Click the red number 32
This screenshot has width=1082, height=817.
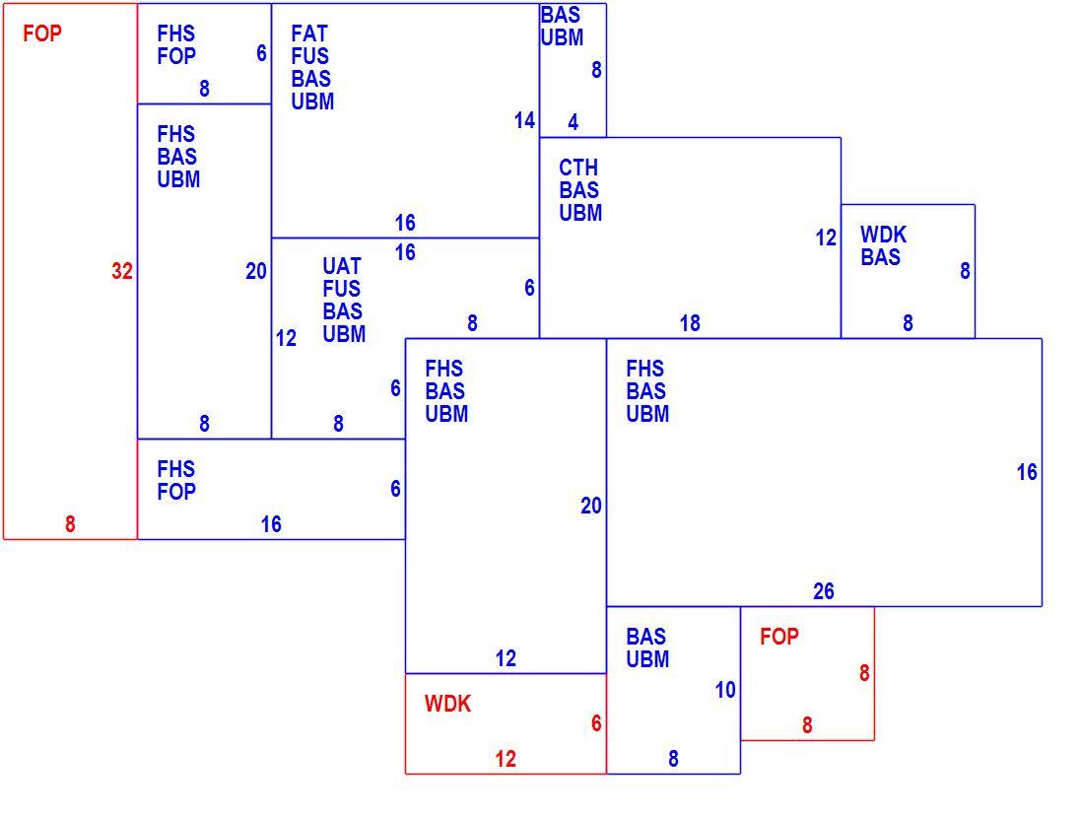[122, 271]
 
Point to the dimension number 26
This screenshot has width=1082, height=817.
[823, 591]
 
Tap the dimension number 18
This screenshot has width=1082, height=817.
[690, 323]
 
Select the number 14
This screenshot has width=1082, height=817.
[524, 121]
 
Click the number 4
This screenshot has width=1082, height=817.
[573, 122]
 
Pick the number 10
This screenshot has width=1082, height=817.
[725, 690]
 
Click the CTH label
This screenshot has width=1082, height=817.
[578, 168]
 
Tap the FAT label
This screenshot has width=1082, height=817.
[309, 34]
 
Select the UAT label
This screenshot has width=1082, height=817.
[342, 266]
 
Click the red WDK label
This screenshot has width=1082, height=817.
[447, 704]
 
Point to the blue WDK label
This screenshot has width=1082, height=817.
[883, 235]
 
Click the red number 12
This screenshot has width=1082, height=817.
[506, 759]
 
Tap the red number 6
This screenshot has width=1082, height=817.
[596, 723]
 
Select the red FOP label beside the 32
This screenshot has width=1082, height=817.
[42, 34]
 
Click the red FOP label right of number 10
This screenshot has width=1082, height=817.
[779, 637]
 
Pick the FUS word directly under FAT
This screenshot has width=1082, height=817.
[309, 56]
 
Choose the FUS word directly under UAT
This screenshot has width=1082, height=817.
[342, 289]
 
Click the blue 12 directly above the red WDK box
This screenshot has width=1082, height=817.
[506, 658]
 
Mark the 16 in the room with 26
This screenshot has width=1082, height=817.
[1027, 472]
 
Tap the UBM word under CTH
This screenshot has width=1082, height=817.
[580, 213]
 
